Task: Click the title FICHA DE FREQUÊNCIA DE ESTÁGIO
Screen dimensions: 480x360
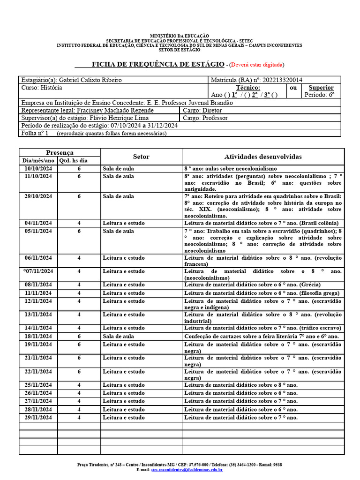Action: coord(157,64)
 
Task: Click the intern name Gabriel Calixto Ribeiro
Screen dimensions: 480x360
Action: coord(91,80)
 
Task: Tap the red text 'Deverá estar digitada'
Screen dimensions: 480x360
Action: coord(256,65)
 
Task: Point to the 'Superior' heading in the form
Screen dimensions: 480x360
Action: coord(321,88)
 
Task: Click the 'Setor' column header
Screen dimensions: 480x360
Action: coord(141,157)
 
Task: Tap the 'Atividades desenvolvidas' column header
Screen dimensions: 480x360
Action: coord(263,157)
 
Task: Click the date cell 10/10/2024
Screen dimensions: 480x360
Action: coord(38,168)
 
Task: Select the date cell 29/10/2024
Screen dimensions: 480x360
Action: coord(38,196)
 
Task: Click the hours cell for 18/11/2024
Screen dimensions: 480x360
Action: coord(79,337)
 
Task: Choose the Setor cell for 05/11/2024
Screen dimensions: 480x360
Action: coord(118,231)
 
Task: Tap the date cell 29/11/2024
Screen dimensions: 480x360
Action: coord(38,417)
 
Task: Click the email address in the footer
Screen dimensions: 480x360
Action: coord(187,469)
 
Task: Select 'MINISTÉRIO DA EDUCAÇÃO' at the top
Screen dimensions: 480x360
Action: coord(180,36)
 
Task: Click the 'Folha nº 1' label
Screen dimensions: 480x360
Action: coord(35,133)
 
